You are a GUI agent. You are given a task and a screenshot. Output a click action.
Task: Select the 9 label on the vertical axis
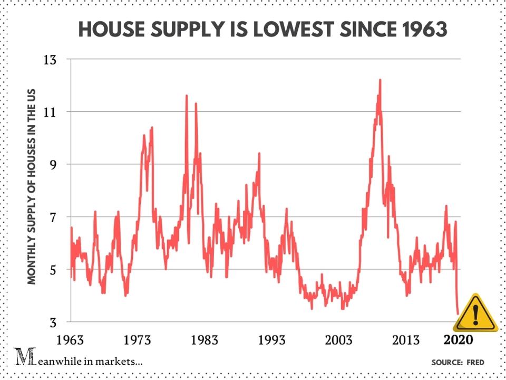tap(53, 164)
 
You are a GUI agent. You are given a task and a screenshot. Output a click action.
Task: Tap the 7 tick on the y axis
tap(53, 216)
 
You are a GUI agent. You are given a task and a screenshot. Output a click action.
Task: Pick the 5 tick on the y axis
tap(53, 269)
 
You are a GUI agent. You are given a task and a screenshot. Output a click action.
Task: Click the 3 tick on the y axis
tap(53, 321)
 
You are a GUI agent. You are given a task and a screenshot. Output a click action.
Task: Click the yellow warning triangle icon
tap(475, 314)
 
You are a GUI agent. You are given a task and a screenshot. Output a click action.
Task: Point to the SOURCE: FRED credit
tap(458, 363)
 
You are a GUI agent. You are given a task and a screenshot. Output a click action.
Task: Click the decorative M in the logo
tap(22, 358)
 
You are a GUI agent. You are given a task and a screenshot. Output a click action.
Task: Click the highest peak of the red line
tap(379, 80)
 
